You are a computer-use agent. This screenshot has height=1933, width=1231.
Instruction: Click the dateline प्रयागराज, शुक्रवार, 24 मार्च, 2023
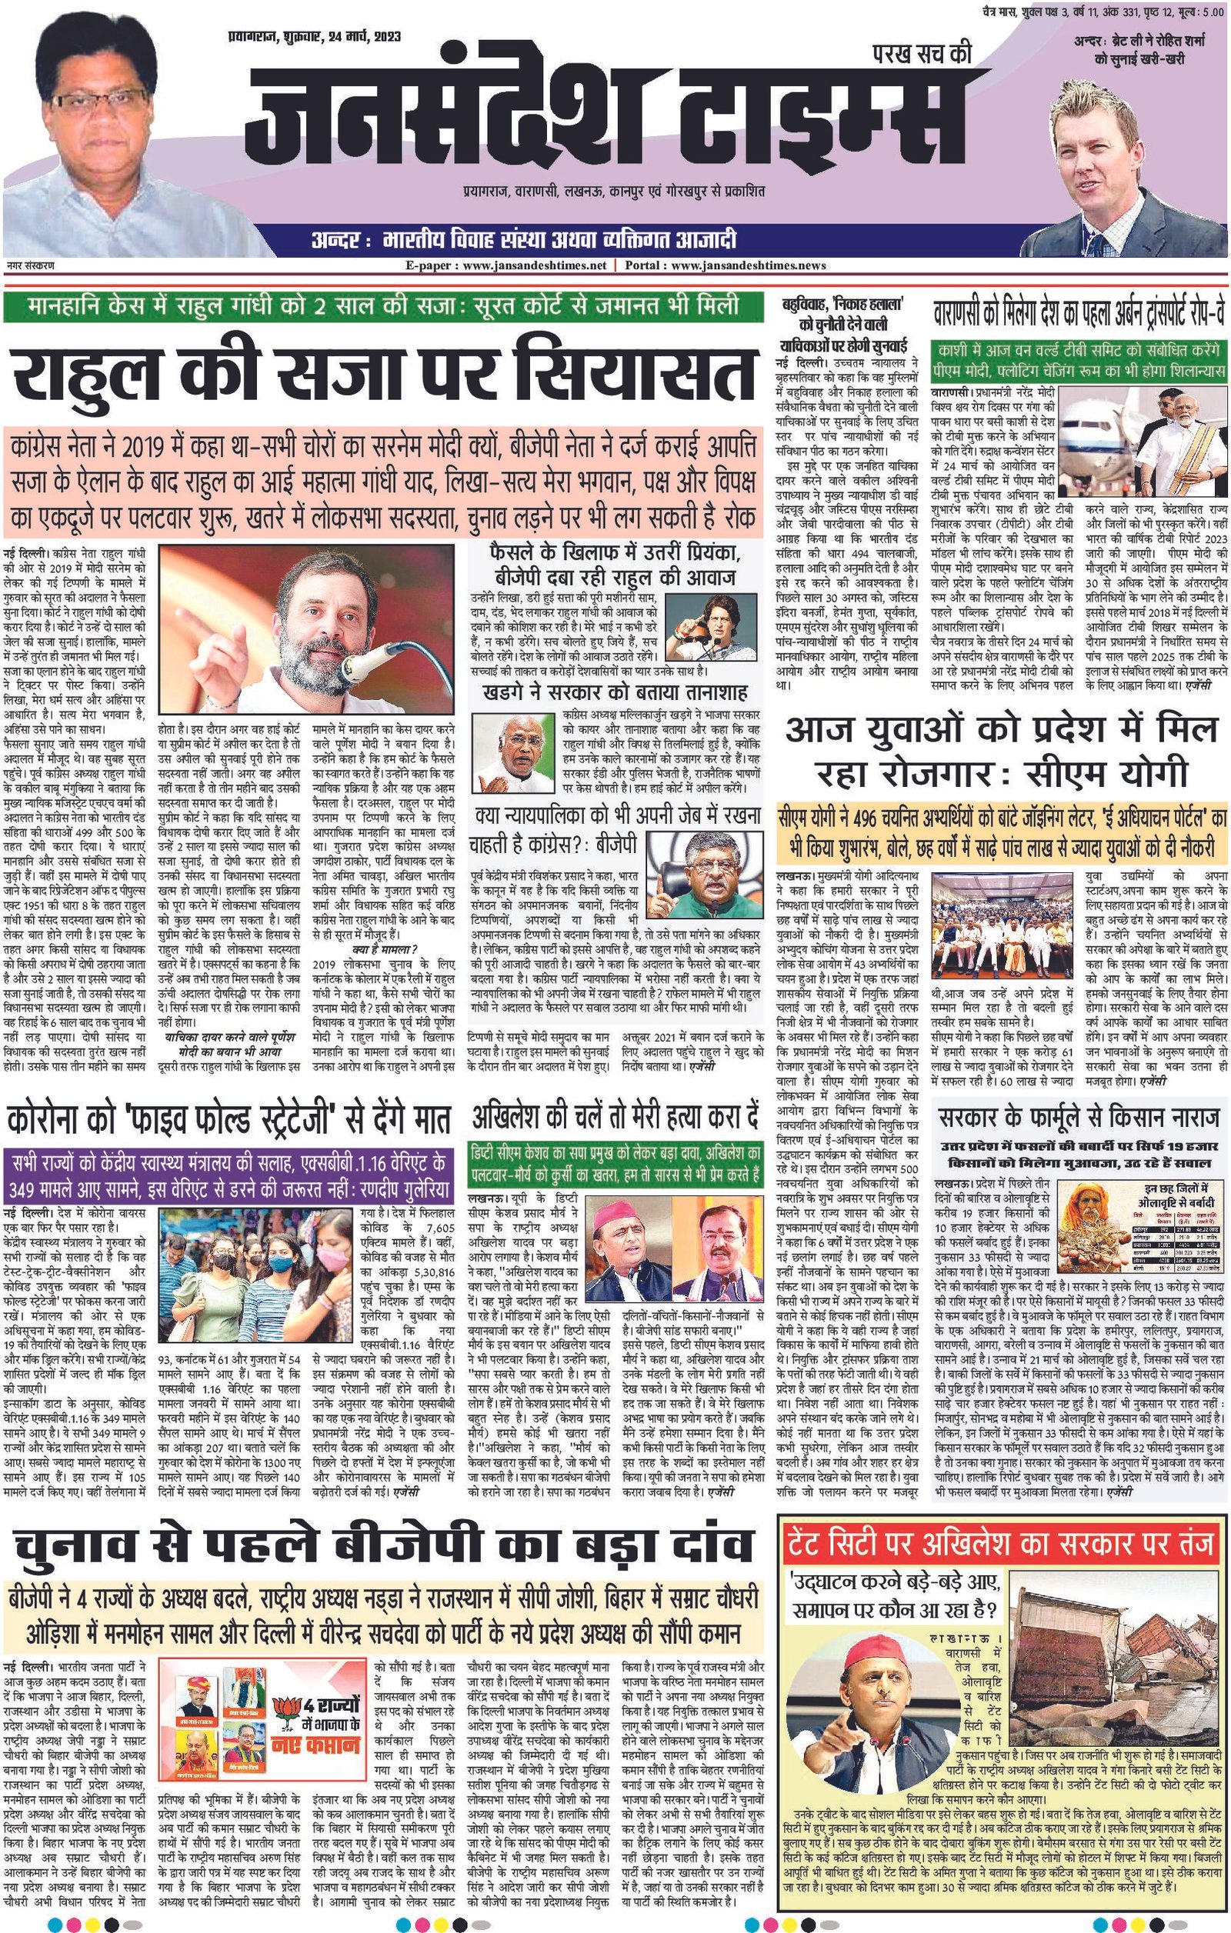click(x=314, y=37)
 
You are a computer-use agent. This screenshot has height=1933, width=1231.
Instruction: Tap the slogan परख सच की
click(x=922, y=54)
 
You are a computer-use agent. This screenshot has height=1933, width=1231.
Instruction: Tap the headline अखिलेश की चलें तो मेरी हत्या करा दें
click(x=615, y=1118)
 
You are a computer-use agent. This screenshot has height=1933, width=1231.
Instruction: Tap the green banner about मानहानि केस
click(x=382, y=306)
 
